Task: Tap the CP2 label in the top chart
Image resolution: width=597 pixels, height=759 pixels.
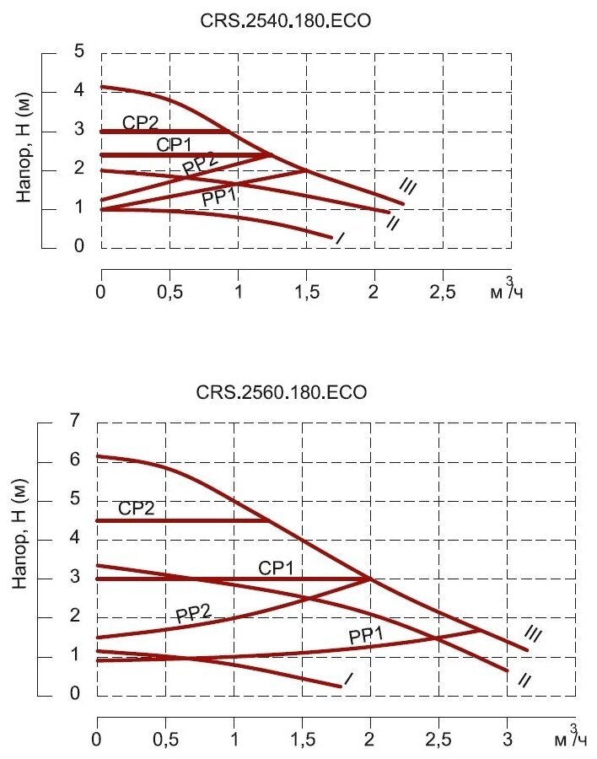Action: tap(140, 123)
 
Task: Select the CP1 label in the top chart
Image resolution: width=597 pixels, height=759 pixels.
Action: tap(175, 145)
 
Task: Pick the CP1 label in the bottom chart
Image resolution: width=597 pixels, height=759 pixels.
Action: tap(276, 569)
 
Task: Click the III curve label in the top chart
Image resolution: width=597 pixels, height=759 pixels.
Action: tap(408, 186)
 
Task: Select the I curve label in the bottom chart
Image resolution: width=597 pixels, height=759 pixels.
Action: tap(348, 678)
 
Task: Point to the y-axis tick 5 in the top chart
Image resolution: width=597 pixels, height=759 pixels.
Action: tap(78, 52)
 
